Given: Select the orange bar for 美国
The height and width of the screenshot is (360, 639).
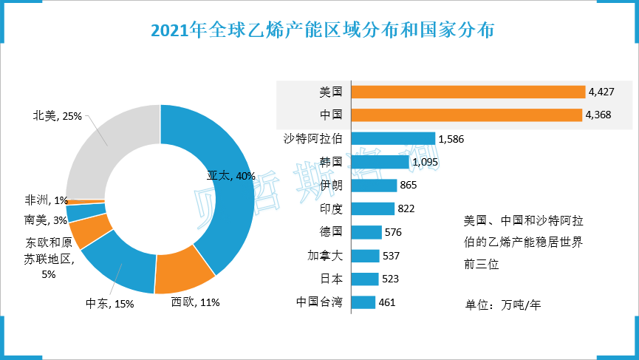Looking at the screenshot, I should (468, 92).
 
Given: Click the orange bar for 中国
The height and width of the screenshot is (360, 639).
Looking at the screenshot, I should (467, 115).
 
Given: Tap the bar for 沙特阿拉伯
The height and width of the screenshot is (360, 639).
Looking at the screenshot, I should (393, 138).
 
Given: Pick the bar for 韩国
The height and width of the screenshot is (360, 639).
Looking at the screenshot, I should (380, 161).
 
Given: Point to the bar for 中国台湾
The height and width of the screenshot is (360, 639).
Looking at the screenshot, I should (363, 302).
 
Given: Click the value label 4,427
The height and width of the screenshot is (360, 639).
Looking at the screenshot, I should (602, 92).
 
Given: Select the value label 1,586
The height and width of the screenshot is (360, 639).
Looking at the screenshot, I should (451, 138).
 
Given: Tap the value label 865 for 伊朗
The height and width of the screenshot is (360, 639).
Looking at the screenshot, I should (409, 185).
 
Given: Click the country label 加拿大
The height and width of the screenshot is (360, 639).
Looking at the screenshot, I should (324, 256).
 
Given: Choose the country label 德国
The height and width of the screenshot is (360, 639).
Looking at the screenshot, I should (330, 232).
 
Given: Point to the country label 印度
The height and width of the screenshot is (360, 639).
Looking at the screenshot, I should (330, 208).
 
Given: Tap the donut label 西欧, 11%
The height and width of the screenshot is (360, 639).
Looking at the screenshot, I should (195, 302).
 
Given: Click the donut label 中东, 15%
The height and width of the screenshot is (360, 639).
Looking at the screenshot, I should (109, 304).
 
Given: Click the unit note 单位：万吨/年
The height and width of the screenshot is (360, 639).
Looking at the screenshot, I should (502, 303).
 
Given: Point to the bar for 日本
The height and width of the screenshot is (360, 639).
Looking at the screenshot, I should (365, 279).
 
